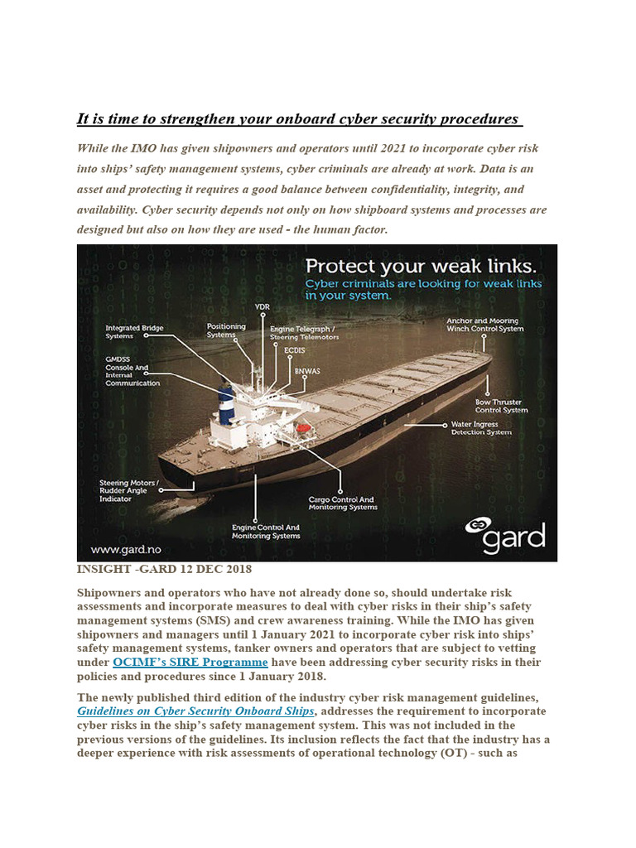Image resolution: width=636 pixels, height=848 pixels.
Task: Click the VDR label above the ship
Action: pyautogui.click(x=263, y=307)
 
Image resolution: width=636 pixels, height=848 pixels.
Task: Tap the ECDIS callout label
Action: pyautogui.click(x=294, y=351)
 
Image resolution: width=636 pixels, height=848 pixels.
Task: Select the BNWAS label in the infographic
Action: pyautogui.click(x=306, y=370)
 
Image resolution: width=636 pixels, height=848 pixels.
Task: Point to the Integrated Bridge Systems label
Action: pyautogui.click(x=134, y=332)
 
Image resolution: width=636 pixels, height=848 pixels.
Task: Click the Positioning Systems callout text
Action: pyautogui.click(x=226, y=330)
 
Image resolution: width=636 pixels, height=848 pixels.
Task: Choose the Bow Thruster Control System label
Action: pyautogui.click(x=501, y=406)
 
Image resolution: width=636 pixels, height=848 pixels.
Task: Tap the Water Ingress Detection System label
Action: pyautogui.click(x=480, y=428)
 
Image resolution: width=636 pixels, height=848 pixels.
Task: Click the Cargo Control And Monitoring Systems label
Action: pyautogui.click(x=342, y=503)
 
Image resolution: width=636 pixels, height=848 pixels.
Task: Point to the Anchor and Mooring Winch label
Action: pyautogui.click(x=484, y=325)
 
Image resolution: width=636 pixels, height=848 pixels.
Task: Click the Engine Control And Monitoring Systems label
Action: pyautogui.click(x=265, y=532)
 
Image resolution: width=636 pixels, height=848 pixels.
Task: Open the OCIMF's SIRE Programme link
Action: pyautogui.click(x=190, y=662)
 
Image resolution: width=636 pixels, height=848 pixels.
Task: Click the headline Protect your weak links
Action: pyautogui.click(x=420, y=267)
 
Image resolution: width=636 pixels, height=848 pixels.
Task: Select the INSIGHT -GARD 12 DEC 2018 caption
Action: pyautogui.click(x=164, y=570)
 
